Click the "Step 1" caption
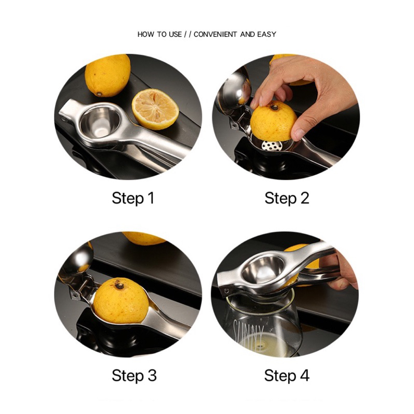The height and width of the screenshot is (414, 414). click(x=133, y=199)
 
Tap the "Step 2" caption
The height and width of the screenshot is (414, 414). click(x=287, y=199)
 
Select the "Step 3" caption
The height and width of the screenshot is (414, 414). click(x=134, y=376)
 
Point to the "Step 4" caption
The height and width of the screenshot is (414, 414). click(x=287, y=376)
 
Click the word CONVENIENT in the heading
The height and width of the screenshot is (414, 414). click(x=215, y=34)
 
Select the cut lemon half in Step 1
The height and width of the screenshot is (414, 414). click(x=156, y=109)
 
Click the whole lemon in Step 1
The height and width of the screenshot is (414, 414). click(x=108, y=76)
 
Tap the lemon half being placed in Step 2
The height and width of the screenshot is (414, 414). click(x=273, y=121)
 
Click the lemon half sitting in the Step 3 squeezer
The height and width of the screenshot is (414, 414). click(x=121, y=301)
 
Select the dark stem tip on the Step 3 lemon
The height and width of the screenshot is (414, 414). click(x=120, y=285)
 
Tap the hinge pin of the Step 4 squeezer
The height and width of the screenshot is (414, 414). click(x=227, y=291)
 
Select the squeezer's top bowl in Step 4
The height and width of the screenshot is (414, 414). click(x=263, y=270)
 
